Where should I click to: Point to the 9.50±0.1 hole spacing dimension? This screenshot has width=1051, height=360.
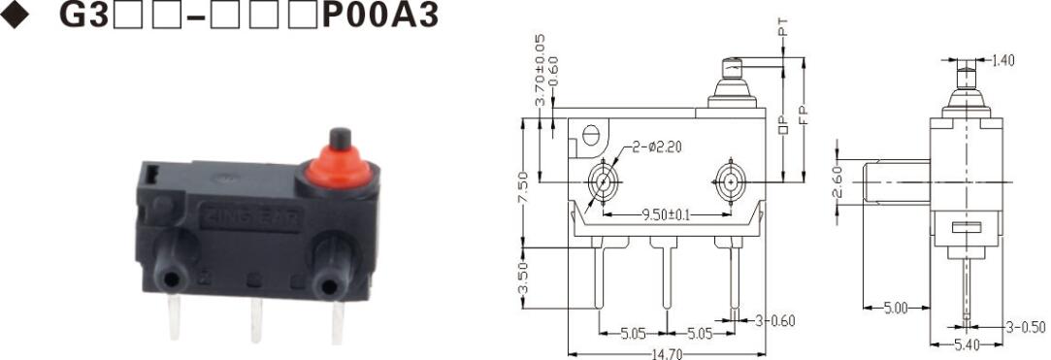(667, 214)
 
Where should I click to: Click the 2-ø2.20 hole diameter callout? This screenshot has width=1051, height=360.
(658, 147)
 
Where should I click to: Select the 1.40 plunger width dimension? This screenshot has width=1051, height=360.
(1002, 60)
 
